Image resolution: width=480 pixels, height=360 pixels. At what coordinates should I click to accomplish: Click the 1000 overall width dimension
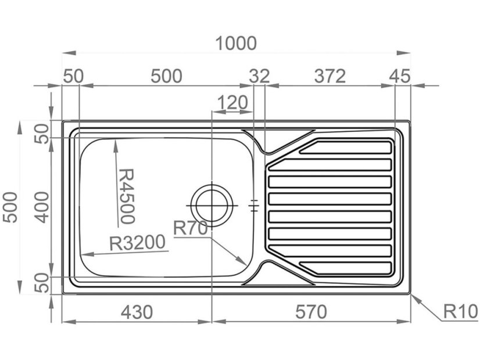[236, 43]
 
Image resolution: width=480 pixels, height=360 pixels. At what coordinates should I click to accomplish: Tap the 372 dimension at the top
[330, 76]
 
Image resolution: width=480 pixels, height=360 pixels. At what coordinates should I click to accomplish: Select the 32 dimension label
[259, 76]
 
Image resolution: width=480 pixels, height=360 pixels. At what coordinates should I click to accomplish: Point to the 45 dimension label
[399, 76]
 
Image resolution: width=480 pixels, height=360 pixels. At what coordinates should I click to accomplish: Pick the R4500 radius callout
[127, 196]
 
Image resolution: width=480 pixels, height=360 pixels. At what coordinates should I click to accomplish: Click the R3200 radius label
[138, 243]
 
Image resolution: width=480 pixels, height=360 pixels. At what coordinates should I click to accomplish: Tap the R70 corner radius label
[191, 228]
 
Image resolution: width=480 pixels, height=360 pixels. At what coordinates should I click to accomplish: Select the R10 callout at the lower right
[460, 312]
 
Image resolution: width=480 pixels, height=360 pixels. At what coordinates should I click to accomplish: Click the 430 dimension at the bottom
[137, 312]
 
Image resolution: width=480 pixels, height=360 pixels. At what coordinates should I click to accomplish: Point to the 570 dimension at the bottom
[311, 312]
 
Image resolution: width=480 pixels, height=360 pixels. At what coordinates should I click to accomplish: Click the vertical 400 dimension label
[41, 207]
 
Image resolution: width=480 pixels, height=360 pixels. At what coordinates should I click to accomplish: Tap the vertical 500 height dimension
[10, 207]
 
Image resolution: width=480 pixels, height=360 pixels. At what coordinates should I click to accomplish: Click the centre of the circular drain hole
[212, 205]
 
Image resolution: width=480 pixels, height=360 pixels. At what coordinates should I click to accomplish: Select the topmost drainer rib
[345, 147]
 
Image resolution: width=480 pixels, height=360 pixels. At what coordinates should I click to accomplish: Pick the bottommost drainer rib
[345, 268]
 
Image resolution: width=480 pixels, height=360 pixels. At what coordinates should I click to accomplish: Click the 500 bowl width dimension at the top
[166, 76]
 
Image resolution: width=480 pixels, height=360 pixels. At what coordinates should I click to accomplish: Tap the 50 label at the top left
[73, 76]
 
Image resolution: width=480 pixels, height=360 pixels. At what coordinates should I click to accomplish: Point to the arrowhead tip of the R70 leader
[246, 265]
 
